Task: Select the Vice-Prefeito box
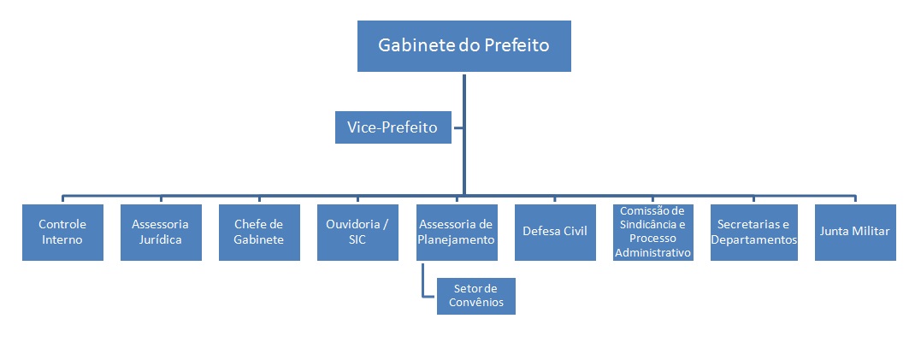(393, 128)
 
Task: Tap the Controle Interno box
(62, 232)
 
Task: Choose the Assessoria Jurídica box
(161, 232)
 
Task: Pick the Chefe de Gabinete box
(259, 232)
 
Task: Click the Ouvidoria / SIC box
(357, 232)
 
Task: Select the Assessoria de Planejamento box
(456, 232)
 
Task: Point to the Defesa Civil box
(554, 232)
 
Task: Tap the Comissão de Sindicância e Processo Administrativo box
(652, 232)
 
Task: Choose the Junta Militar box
(855, 232)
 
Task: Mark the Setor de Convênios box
(476, 296)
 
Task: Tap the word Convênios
(476, 303)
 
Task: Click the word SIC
(357, 240)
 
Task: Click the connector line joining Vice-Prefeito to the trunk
(458, 128)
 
